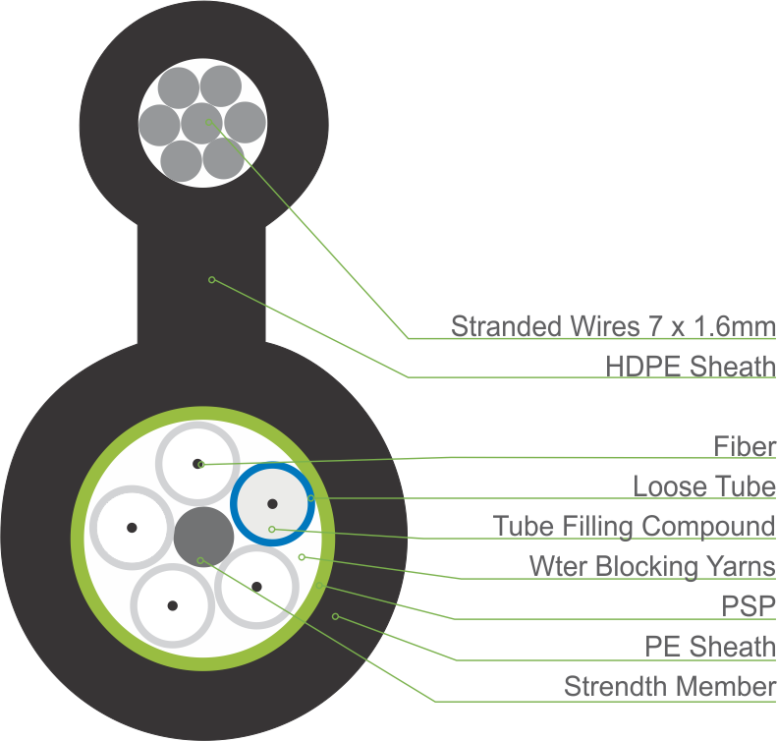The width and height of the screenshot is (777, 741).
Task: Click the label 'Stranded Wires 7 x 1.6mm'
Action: (x=612, y=325)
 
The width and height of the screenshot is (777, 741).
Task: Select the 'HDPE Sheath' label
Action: (x=691, y=367)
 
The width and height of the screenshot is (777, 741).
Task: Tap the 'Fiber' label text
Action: (x=745, y=446)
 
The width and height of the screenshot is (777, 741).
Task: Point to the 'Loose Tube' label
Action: (x=704, y=485)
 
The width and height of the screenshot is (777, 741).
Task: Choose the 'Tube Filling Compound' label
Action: (x=634, y=526)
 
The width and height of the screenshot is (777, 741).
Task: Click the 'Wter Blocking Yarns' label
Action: (x=652, y=566)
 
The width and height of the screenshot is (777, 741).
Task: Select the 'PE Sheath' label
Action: (x=710, y=646)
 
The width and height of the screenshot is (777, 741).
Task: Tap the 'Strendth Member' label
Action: (x=669, y=686)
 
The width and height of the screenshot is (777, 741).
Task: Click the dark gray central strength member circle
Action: (x=203, y=538)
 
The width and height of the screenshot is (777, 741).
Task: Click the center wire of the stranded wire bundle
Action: (x=204, y=124)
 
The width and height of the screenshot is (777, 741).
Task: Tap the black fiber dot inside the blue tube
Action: (x=272, y=504)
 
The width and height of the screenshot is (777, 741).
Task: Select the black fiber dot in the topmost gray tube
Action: (x=198, y=463)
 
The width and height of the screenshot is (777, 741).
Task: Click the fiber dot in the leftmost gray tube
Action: (x=131, y=528)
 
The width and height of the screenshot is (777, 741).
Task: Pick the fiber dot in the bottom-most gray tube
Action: (x=172, y=605)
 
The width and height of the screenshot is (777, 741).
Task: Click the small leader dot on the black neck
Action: (x=211, y=280)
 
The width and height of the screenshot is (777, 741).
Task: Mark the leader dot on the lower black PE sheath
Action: (x=335, y=616)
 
